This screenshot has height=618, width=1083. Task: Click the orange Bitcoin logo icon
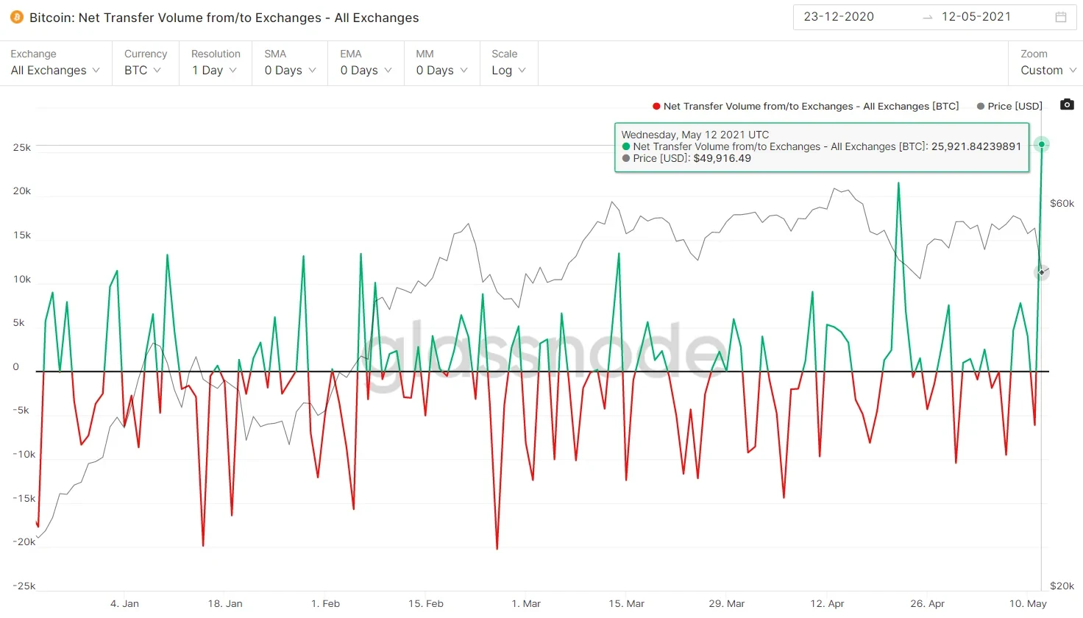click(x=16, y=17)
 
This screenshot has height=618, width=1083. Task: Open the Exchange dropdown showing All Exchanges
click(x=55, y=70)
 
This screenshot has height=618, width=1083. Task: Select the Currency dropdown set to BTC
click(x=143, y=70)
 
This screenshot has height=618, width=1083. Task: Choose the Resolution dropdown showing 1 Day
click(x=214, y=70)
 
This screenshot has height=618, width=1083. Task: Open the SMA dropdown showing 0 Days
click(x=290, y=70)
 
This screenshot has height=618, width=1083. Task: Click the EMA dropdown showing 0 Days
click(x=366, y=70)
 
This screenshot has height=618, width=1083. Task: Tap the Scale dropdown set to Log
click(x=508, y=70)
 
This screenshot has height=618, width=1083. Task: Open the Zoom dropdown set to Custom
click(x=1048, y=70)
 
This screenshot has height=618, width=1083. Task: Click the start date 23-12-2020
click(x=839, y=17)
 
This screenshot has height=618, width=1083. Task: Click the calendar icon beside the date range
click(x=1061, y=17)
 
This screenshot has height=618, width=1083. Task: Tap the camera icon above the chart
click(x=1067, y=104)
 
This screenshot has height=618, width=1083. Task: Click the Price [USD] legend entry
click(x=1009, y=106)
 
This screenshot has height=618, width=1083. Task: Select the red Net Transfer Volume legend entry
click(x=806, y=106)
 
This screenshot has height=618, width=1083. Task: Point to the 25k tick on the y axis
click(x=22, y=147)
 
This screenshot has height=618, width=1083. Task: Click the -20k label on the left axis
click(x=24, y=541)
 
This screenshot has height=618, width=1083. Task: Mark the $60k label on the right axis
click(x=1062, y=203)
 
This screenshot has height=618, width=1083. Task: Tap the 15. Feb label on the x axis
click(x=426, y=603)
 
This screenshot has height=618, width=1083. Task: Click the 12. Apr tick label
click(x=827, y=603)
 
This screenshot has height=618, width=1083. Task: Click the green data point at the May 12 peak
click(x=1042, y=144)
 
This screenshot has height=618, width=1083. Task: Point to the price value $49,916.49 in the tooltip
click(x=722, y=158)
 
